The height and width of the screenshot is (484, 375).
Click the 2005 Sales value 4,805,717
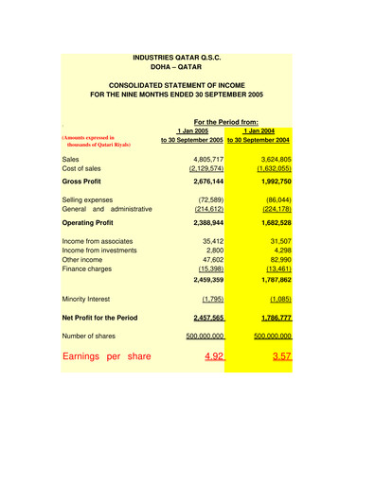click(x=207, y=160)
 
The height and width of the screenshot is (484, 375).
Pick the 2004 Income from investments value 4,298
click(x=278, y=250)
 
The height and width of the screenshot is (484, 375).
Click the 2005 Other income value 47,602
click(x=212, y=259)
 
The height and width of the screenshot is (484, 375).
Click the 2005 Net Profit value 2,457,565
click(x=205, y=318)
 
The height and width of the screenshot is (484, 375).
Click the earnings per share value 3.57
click(x=279, y=357)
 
